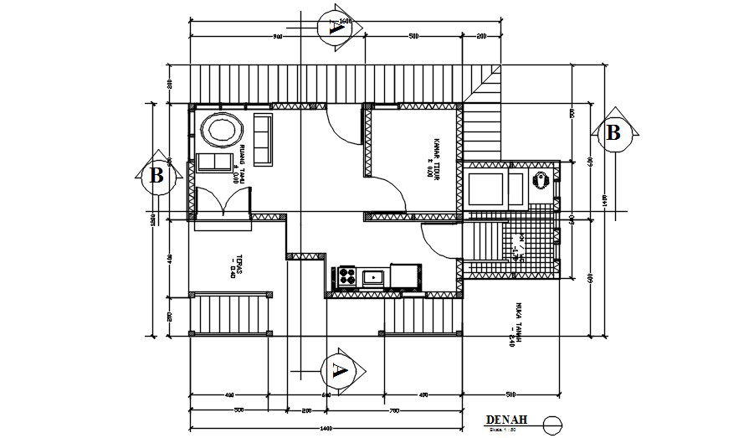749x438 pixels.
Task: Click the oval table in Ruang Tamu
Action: pyautogui.click(x=222, y=131)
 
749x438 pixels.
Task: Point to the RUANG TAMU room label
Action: pyautogui.click(x=240, y=164)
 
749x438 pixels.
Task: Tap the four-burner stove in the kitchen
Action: pyautogui.click(x=346, y=275)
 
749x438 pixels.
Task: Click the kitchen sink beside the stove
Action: pyautogui.click(x=373, y=276)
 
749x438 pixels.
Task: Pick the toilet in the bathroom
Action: pyautogui.click(x=541, y=179)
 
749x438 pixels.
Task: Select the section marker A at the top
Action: pyautogui.click(x=337, y=27)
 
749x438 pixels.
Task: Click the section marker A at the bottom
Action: pyautogui.click(x=338, y=369)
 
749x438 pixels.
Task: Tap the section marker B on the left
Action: pyautogui.click(x=156, y=177)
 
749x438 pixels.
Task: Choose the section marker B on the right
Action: pyautogui.click(x=613, y=132)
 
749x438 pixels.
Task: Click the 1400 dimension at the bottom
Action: pyautogui.click(x=326, y=430)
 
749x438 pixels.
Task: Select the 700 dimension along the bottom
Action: pyautogui.click(x=393, y=411)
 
